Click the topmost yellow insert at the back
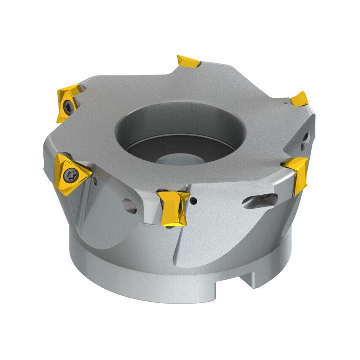point(188,62)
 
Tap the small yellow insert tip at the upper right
point(300,99)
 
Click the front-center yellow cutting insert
point(174,207)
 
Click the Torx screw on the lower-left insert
point(70,174)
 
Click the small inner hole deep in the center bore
point(173,159)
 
